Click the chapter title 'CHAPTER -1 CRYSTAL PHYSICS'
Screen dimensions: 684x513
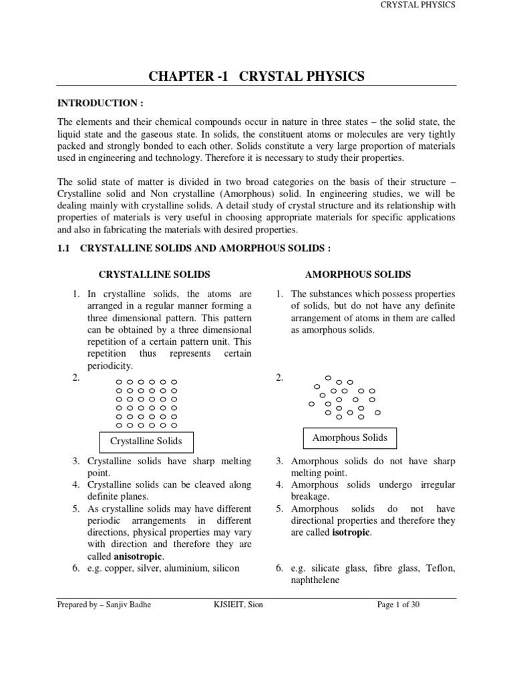coord(256,76)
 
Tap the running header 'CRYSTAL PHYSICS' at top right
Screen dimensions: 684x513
coord(417,5)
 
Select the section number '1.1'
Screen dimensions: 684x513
coord(64,248)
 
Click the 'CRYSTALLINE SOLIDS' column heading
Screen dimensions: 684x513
coord(154,275)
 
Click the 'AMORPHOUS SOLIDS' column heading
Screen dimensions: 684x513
coord(357,275)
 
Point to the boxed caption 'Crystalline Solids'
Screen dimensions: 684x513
coord(146,442)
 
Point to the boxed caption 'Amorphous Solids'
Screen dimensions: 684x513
coord(349,438)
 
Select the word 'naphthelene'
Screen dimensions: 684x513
coord(315,580)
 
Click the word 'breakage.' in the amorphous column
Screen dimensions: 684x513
coord(311,496)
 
